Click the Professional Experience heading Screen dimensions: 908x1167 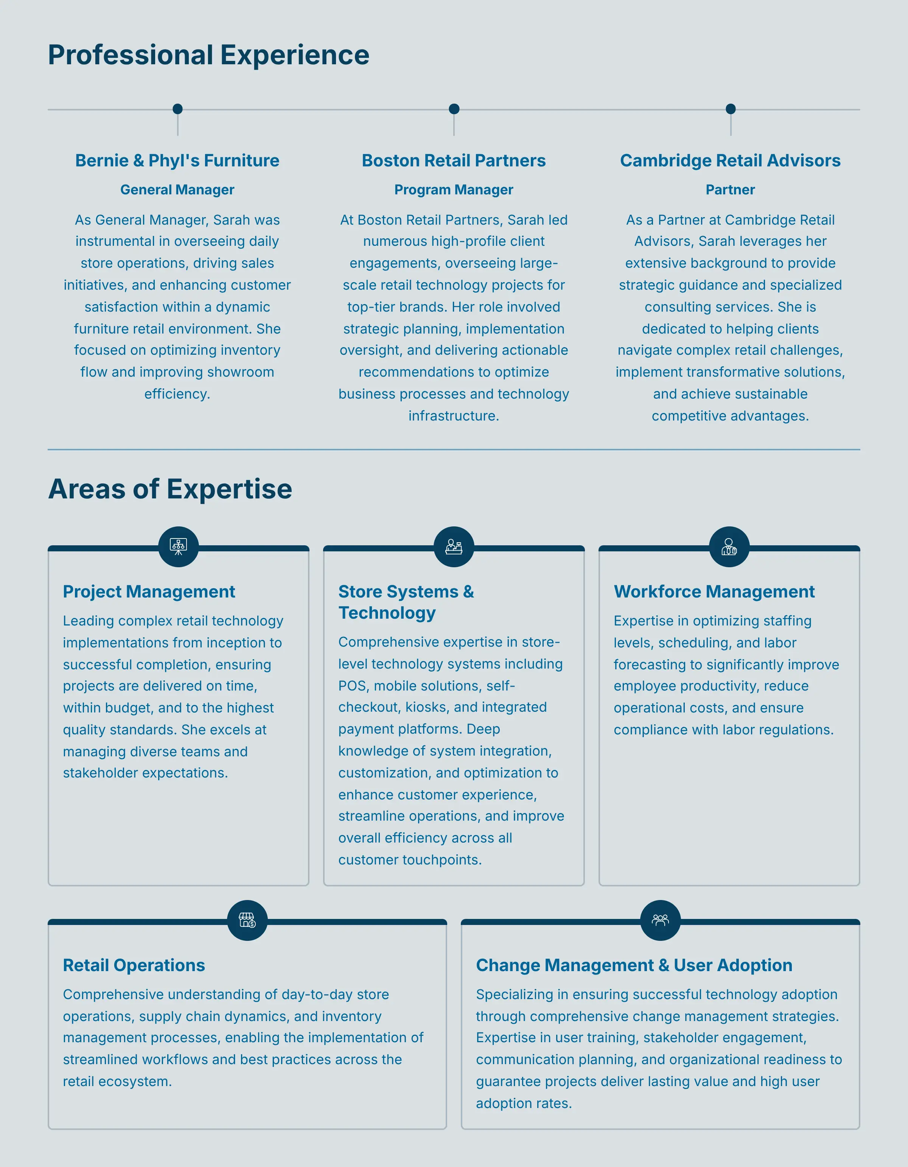point(208,55)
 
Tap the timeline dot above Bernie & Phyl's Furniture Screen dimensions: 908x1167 point(178,109)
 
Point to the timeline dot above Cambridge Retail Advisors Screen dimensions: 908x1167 point(731,109)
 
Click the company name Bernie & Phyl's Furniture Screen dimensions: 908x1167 point(177,160)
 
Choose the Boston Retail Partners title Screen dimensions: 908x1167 point(454,160)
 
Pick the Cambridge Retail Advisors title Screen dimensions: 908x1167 point(730,160)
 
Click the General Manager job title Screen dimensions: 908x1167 point(177,190)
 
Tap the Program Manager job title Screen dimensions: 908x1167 point(454,190)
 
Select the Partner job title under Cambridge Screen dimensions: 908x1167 point(730,190)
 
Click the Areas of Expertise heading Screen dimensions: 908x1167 point(170,489)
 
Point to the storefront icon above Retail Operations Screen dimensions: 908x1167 point(247,920)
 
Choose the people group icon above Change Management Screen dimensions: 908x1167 point(661,920)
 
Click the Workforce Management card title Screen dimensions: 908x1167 point(714,591)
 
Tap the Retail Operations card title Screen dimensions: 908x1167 point(134,965)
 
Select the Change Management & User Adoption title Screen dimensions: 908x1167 point(634,965)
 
